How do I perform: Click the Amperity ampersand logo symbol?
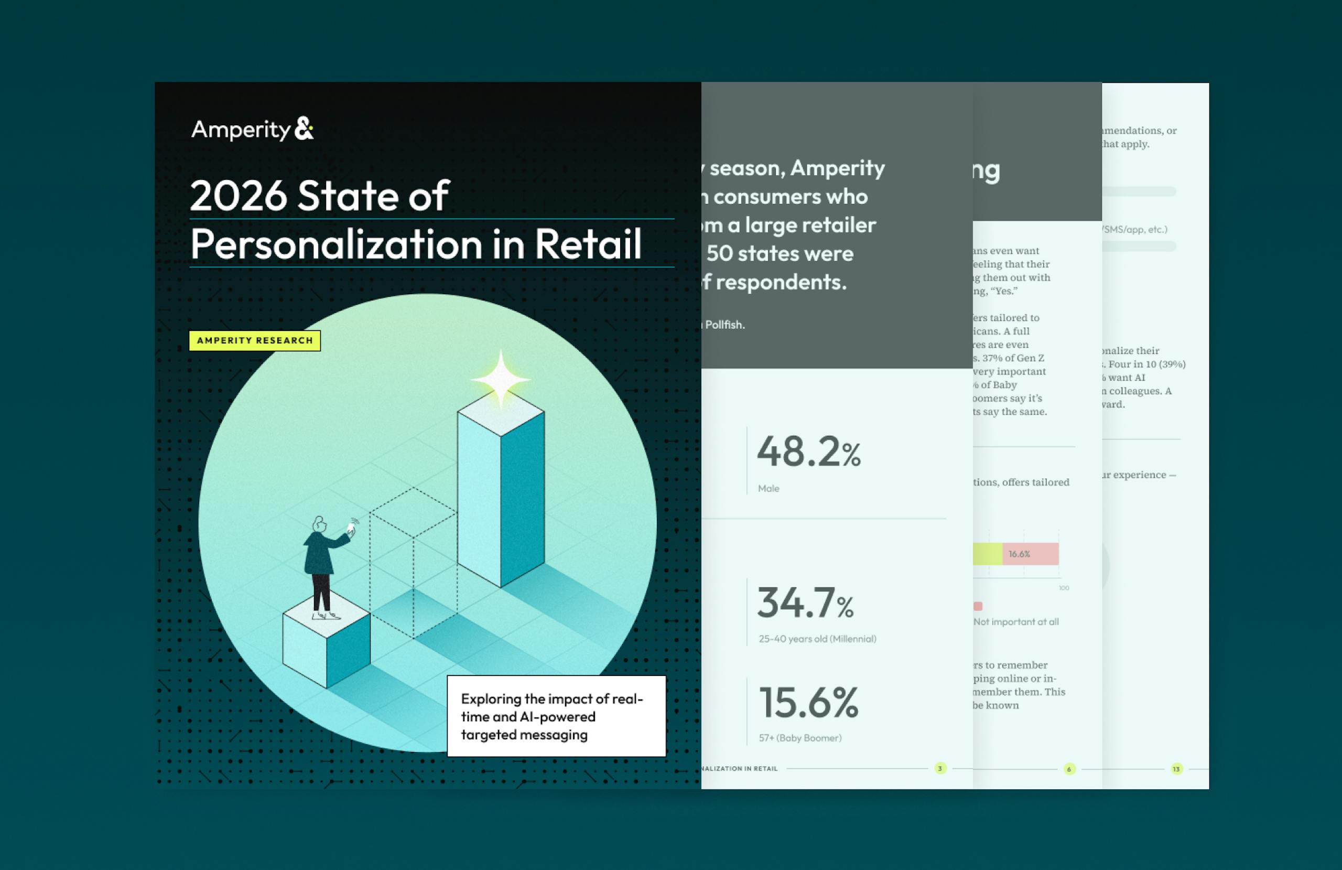304,128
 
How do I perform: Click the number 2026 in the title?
238,196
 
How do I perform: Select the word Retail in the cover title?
588,244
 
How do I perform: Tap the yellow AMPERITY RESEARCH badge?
254,341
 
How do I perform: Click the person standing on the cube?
323,567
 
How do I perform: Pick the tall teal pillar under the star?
501,497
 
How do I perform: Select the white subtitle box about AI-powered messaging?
556,716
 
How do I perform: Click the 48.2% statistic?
808,453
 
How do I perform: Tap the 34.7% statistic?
805,603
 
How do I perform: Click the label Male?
769,489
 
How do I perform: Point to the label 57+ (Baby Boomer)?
799,738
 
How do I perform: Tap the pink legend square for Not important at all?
978,606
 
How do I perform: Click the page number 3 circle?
940,768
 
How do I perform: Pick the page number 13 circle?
1176,769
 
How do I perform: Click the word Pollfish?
724,325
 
